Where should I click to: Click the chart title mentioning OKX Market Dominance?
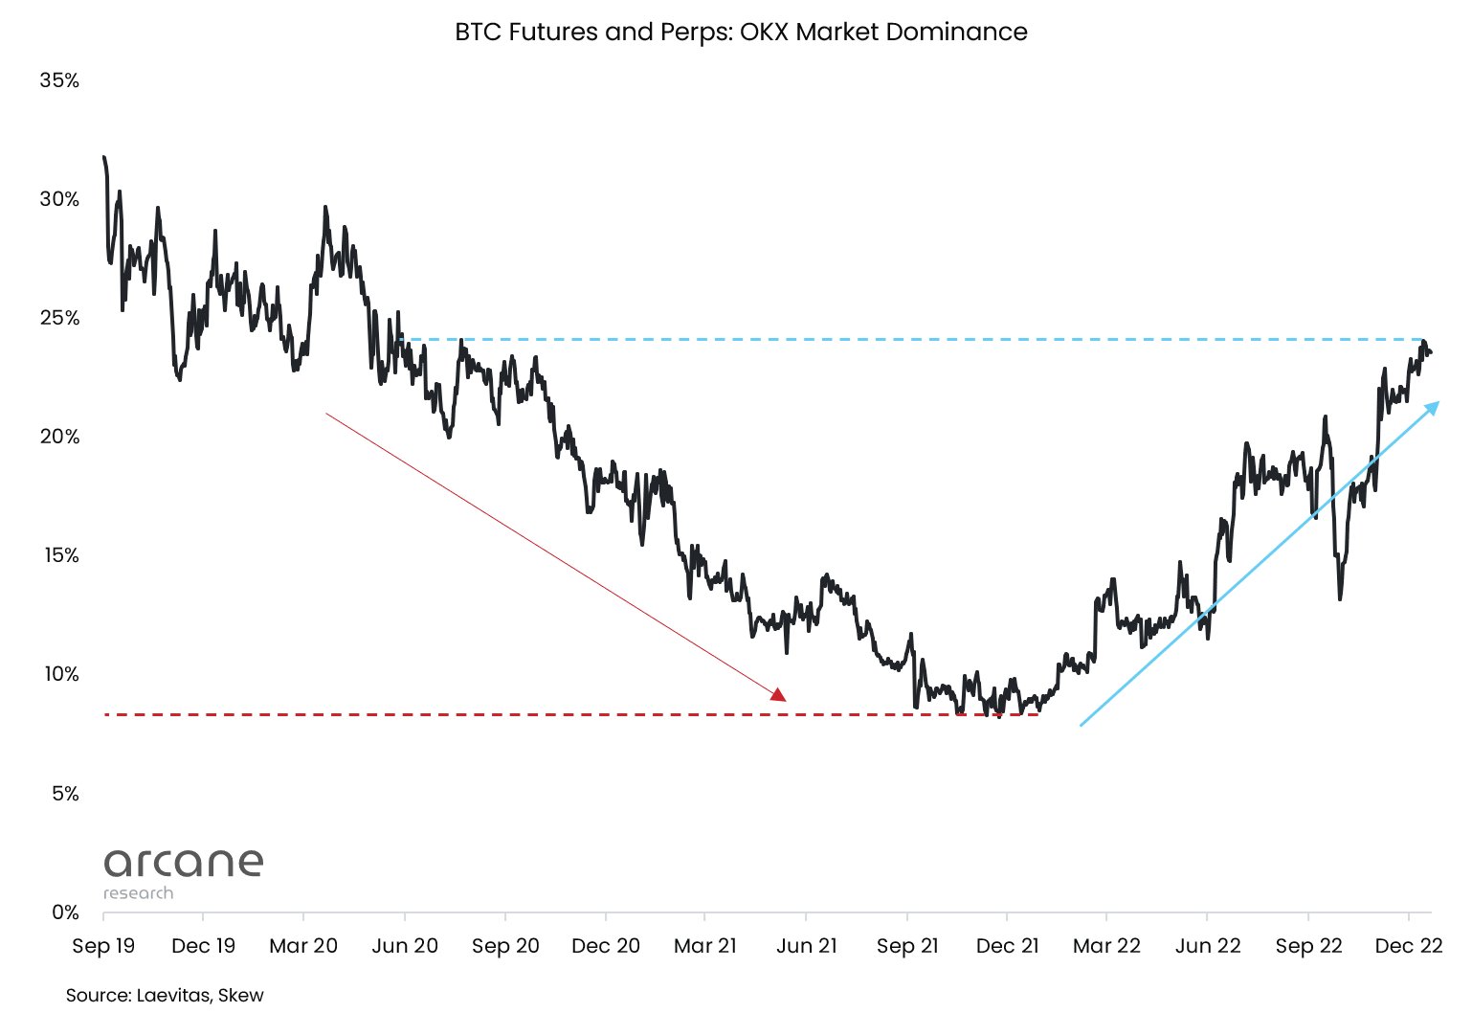(741, 32)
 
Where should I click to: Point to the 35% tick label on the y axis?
(59, 80)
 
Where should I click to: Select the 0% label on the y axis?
(65, 912)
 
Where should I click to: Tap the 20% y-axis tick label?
(59, 437)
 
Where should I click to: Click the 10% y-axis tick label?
(60, 674)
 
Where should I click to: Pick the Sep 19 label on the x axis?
(103, 946)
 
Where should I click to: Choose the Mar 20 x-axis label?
(303, 946)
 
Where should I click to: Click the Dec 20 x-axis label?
(606, 946)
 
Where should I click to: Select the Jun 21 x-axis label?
(807, 946)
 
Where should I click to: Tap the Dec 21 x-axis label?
(1007, 946)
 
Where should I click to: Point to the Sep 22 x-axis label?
(1308, 946)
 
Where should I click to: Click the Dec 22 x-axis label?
(1408, 946)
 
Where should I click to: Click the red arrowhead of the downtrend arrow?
(779, 695)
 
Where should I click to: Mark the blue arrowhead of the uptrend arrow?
(1433, 408)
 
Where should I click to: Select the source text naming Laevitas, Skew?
(165, 995)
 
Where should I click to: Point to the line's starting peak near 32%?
(103, 157)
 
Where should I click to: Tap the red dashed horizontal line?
(479, 714)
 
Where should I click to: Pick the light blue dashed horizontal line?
(861, 339)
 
